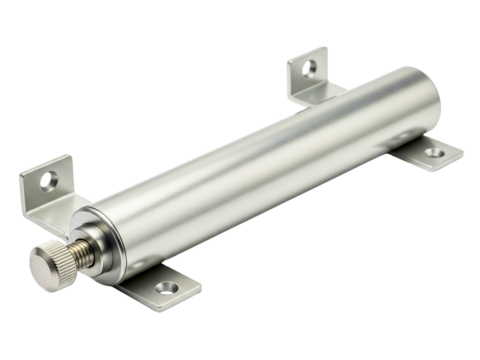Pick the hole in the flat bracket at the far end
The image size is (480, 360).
(x=432, y=154)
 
